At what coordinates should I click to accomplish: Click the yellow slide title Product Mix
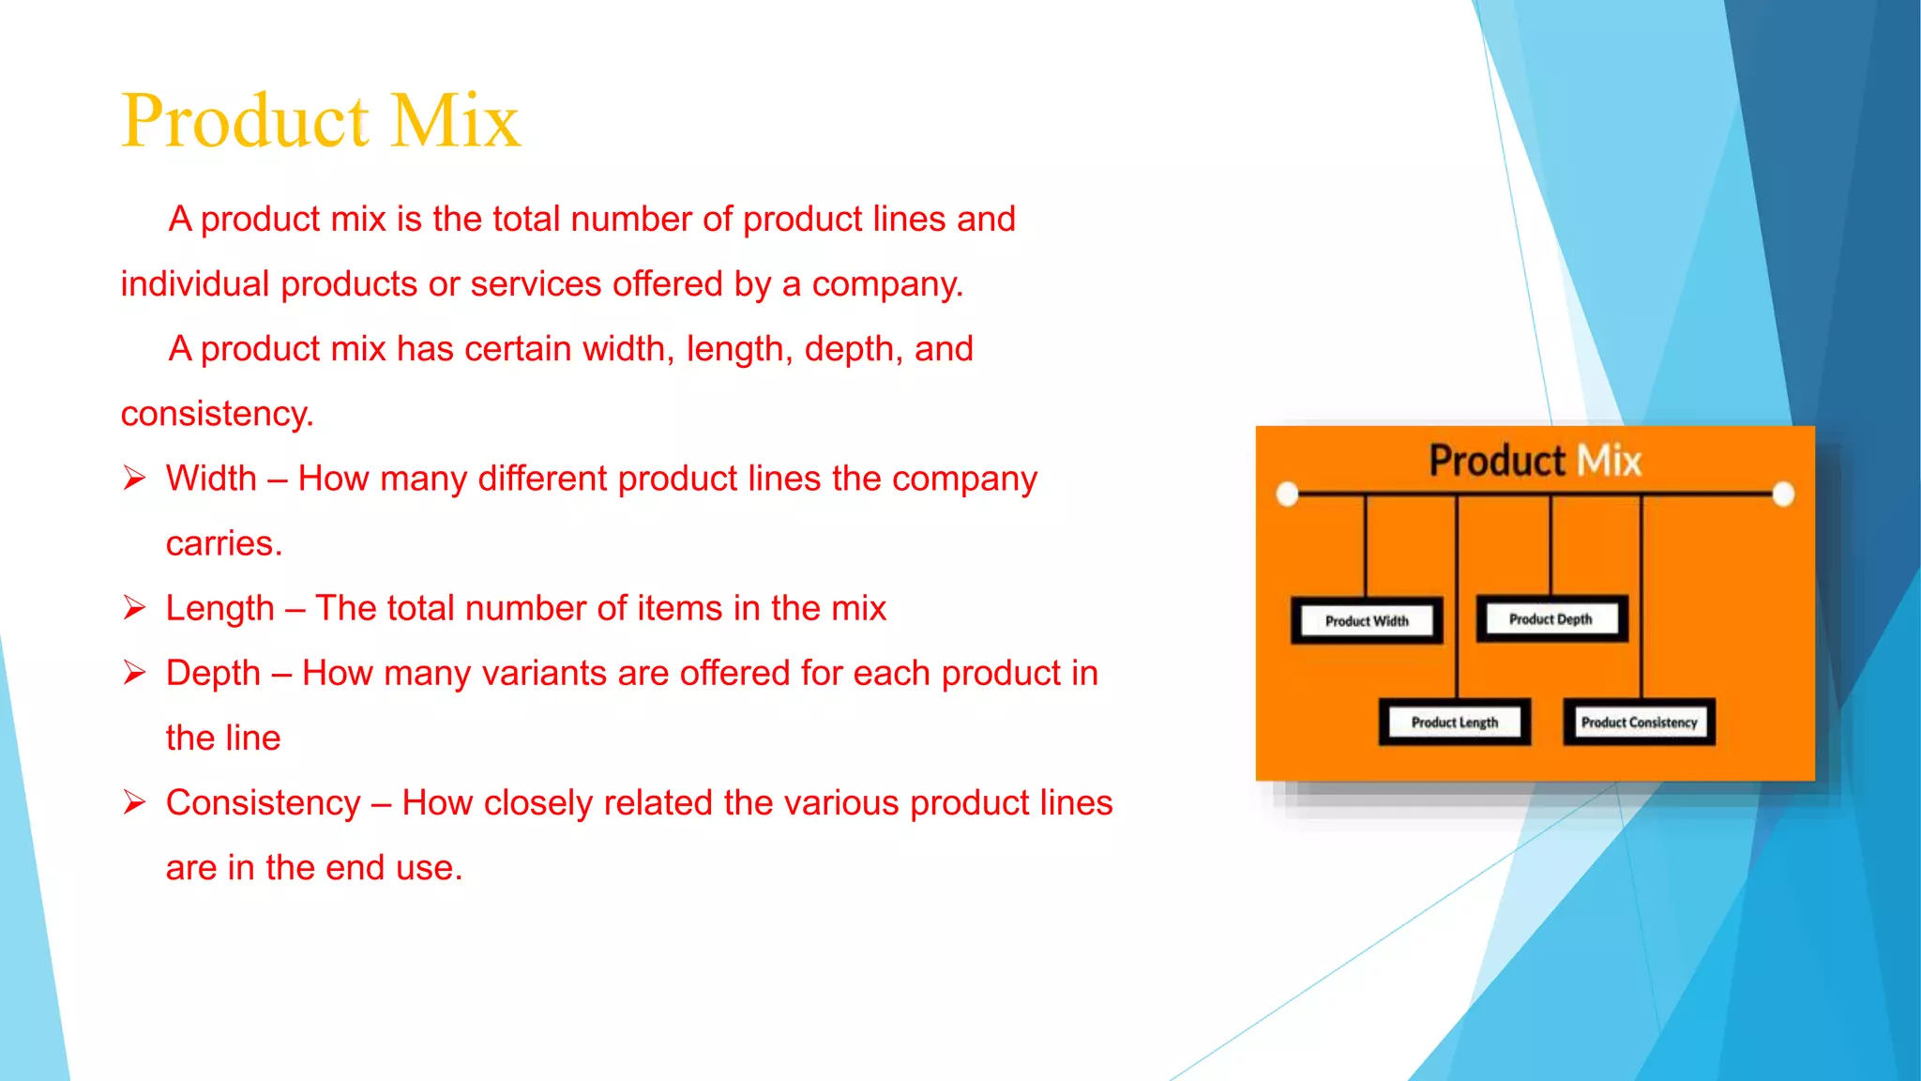(x=321, y=121)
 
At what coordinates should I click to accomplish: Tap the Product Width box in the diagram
(x=1367, y=620)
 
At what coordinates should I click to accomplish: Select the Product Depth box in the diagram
(x=1550, y=618)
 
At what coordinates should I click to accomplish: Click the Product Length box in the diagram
(x=1454, y=722)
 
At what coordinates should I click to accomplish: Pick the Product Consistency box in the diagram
(x=1639, y=722)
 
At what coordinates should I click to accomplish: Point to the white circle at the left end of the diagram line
(x=1288, y=494)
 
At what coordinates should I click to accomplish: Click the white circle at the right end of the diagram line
(x=1783, y=494)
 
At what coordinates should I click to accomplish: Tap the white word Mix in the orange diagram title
(x=1609, y=461)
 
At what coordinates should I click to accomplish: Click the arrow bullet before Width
(x=134, y=479)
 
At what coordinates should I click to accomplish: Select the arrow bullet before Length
(x=134, y=608)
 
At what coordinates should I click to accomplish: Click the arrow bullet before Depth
(x=134, y=673)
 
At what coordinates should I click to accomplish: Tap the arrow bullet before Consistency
(x=134, y=802)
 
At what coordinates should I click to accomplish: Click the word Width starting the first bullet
(x=211, y=479)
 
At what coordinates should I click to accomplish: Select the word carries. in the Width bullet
(x=224, y=543)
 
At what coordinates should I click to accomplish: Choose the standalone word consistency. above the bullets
(x=217, y=414)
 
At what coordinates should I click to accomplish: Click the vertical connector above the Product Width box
(x=1366, y=546)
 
